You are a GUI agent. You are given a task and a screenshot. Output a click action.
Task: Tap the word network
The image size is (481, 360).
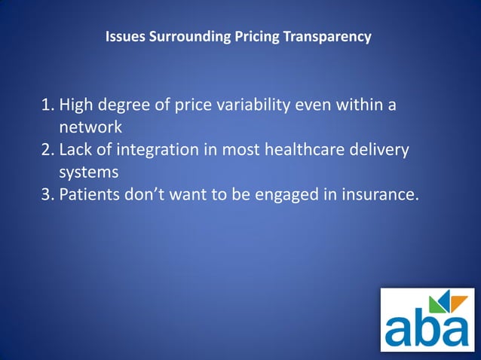[90, 127]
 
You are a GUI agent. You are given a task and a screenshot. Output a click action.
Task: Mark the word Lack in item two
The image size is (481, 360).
[77, 150]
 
